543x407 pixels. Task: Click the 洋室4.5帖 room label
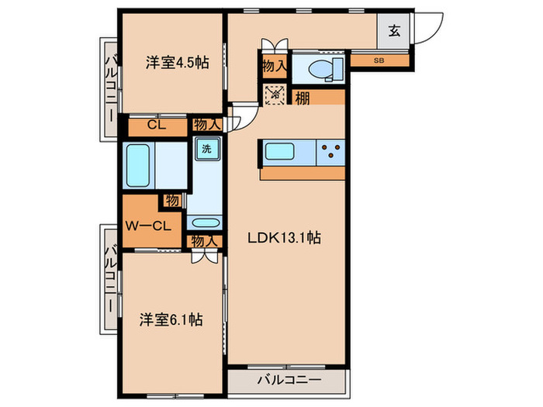click(x=177, y=64)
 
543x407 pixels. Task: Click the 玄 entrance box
click(x=394, y=32)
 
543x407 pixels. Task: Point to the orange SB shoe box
click(x=379, y=60)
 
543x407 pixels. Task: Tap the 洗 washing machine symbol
click(x=206, y=147)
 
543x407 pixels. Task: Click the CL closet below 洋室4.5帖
click(x=156, y=124)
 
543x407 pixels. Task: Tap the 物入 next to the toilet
click(x=274, y=67)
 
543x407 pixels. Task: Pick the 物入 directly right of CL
click(x=206, y=124)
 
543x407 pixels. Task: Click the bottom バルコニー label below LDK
click(x=285, y=381)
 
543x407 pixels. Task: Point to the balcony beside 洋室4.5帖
click(x=109, y=85)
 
